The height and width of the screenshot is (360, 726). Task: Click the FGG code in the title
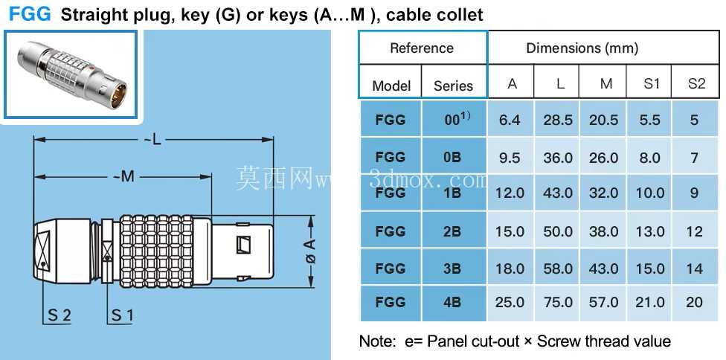30,14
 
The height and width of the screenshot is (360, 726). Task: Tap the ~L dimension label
154,140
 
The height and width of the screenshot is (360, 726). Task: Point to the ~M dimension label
123,176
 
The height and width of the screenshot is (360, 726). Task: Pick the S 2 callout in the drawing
60,315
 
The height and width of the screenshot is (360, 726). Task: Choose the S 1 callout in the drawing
122,315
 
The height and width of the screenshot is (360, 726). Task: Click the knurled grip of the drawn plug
156,251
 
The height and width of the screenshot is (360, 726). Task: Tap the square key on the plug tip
243,245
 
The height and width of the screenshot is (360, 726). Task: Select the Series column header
453,86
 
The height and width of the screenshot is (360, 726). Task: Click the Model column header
391,86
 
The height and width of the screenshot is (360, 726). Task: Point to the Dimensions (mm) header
582,48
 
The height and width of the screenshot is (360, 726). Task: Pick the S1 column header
651,84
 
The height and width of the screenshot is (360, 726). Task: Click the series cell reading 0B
452,157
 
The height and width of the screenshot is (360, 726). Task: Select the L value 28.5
558,120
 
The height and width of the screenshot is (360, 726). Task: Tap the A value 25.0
510,302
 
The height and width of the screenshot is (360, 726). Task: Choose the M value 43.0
604,269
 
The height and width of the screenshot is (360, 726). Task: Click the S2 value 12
695,231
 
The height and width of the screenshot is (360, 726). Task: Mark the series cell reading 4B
452,302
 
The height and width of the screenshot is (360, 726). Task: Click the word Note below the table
376,341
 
